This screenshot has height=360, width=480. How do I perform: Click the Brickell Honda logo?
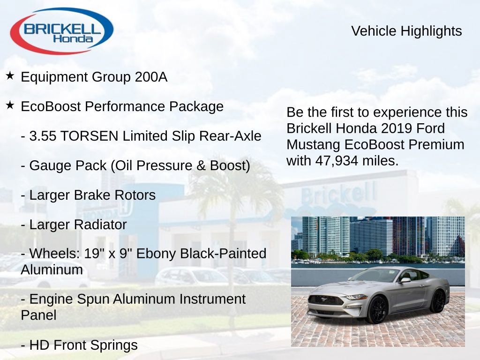click(x=61, y=31)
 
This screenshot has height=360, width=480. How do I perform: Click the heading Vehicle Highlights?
click(x=406, y=31)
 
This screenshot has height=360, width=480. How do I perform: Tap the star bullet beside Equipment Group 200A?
click(x=10, y=75)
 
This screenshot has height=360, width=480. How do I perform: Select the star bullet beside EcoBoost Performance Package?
click(x=10, y=105)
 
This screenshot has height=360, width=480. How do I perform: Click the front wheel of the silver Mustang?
click(x=376, y=310)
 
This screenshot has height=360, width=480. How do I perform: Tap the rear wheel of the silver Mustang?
click(x=438, y=301)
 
